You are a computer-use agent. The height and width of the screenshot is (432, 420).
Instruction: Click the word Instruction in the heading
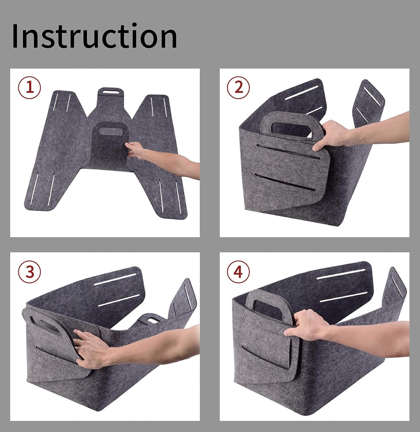pyautogui.click(x=94, y=36)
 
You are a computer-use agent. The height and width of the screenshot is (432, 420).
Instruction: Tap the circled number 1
pyautogui.click(x=30, y=87)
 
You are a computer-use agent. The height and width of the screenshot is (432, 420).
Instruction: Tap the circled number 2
pyautogui.click(x=238, y=87)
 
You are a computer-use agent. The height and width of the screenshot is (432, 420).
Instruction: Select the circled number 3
pyautogui.click(x=30, y=272)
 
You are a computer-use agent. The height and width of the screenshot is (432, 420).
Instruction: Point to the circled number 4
pyautogui.click(x=238, y=272)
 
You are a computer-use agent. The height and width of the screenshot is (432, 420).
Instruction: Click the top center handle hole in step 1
pyautogui.click(x=111, y=92)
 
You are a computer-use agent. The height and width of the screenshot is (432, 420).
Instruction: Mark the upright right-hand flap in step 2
pyautogui.click(x=369, y=102)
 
